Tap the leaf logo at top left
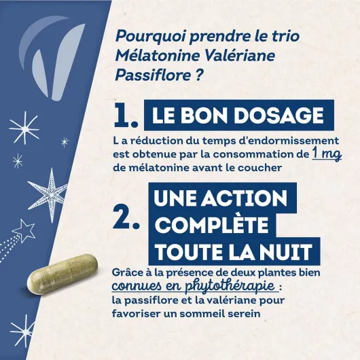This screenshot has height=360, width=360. coord(50,58)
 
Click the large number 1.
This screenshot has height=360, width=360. coord(126,115)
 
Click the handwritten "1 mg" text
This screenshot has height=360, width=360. coord(327,154)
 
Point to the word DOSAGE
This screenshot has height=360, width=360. coord(278,115)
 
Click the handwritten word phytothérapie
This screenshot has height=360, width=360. coord(230,286)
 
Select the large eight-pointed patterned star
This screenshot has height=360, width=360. coord(51,195)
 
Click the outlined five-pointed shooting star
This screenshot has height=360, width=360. coord(26,230)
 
